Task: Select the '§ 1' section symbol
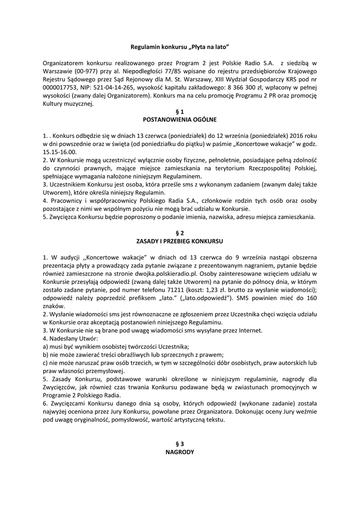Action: (180, 112)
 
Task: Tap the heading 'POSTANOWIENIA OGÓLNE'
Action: (180, 120)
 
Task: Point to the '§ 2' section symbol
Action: (180, 233)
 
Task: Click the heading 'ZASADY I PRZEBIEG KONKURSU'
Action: (180, 241)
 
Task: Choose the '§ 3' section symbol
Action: (180, 444)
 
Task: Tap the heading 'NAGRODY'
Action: (180, 452)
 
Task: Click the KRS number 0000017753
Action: (60, 87)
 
